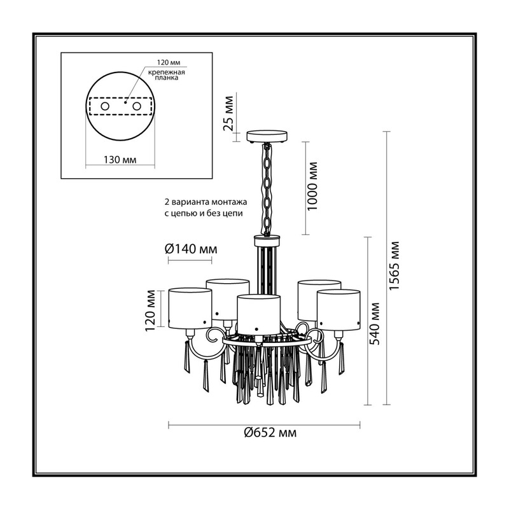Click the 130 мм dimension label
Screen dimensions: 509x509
pos(120,160)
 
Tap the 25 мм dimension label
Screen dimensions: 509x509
pos(229,113)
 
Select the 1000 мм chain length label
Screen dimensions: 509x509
pos(312,186)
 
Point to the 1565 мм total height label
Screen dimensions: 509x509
pos(394,266)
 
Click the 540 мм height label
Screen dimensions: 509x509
pos(375,324)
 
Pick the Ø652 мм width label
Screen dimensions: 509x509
pos(270,433)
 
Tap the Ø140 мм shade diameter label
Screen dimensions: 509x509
pos(191,249)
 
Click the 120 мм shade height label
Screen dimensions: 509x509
pos(150,310)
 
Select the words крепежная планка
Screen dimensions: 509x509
pos(167,75)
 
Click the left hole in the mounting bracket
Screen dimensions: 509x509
pos(105,106)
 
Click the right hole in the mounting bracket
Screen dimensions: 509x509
pos(136,106)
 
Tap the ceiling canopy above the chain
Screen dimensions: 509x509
pos(267,137)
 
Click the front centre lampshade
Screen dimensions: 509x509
pos(258,314)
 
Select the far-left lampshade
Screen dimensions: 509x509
pos(190,308)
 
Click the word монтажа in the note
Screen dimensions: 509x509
pos(229,202)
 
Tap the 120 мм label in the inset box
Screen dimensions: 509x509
pos(169,62)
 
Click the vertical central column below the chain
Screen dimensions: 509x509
pos(267,266)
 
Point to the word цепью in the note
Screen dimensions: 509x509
pos(183,214)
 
